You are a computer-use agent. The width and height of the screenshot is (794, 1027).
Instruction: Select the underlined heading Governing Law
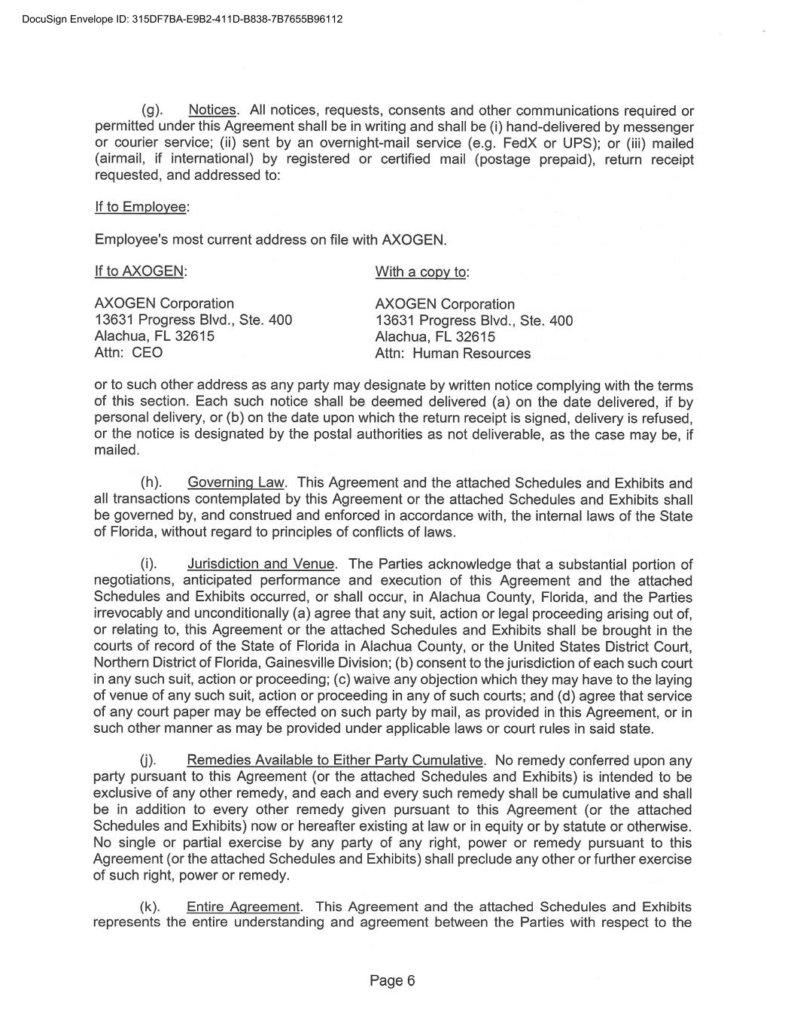(x=236, y=483)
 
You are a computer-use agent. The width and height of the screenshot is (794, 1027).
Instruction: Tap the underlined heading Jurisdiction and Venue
(x=261, y=564)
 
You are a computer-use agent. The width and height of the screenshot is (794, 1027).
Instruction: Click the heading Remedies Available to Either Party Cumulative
(x=334, y=761)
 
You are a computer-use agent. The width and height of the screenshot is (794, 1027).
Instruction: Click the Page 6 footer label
(x=392, y=980)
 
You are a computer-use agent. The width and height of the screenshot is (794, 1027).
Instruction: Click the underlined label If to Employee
(x=141, y=207)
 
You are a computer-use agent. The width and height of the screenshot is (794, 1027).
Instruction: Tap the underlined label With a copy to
(x=421, y=272)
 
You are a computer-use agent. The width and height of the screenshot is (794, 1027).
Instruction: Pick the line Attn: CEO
(x=128, y=353)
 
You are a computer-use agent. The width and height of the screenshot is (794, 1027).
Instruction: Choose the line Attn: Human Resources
(x=452, y=354)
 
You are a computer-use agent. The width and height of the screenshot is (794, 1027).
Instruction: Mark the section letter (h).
(x=153, y=483)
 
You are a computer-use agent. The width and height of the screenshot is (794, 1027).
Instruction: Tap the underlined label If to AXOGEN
(x=140, y=271)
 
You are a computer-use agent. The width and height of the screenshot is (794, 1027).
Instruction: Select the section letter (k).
(x=152, y=907)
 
